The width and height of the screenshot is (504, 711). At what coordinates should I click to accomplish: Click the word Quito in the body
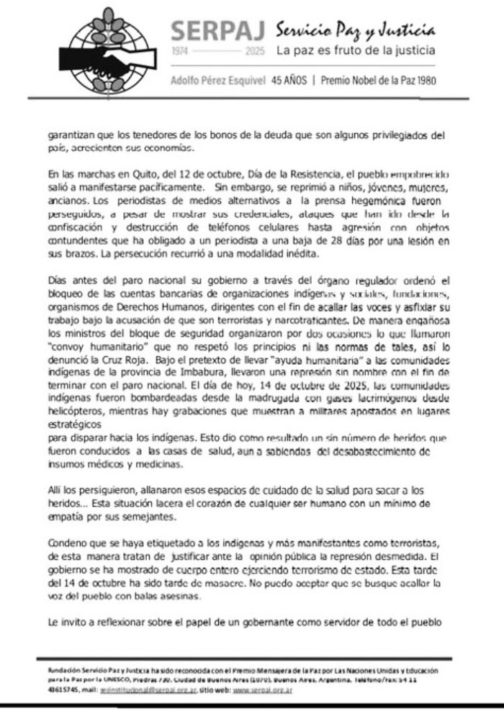click(x=135, y=173)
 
